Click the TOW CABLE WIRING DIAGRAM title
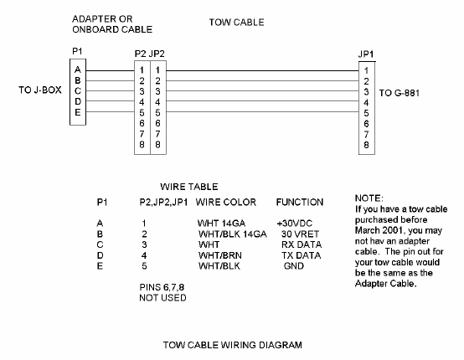pyautogui.click(x=232, y=344)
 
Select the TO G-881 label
pyautogui.click(x=403, y=92)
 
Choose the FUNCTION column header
pyautogui.click(x=300, y=203)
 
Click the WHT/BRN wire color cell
pyautogui.click(x=216, y=255)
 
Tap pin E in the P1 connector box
pyautogui.click(x=78, y=111)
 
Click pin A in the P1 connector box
pyautogui.click(x=78, y=69)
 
